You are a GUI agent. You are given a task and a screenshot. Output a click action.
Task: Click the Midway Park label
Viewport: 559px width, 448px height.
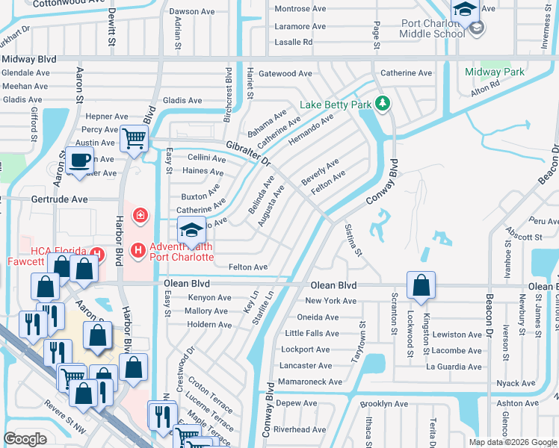(494, 72)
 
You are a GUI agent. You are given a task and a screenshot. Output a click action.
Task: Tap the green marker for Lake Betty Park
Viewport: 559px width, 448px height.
(382, 102)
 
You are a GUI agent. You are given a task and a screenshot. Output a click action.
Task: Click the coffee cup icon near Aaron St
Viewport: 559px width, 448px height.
(79, 160)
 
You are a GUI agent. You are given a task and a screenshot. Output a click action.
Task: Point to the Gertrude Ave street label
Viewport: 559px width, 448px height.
(59, 200)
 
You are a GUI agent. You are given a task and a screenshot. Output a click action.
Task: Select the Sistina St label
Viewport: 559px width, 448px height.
(353, 239)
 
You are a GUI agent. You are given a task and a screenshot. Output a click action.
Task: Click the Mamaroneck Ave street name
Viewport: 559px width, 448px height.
(309, 382)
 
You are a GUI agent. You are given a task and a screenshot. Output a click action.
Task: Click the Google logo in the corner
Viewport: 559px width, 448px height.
(25, 439)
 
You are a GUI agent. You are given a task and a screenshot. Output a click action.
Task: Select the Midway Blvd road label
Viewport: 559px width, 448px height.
(29, 59)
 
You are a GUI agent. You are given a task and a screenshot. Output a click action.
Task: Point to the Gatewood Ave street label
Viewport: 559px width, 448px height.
(285, 74)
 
